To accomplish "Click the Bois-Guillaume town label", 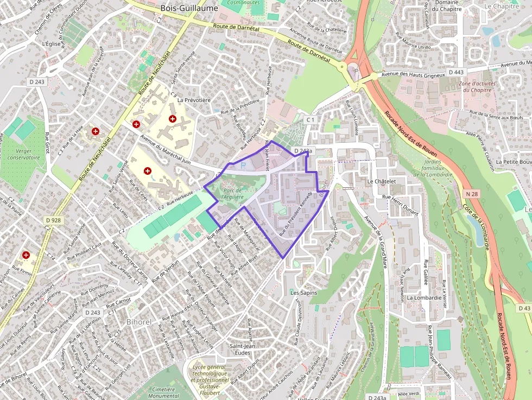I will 189,8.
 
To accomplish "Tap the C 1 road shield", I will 311,119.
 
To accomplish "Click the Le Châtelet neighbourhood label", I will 383,181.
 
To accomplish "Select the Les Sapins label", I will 303,293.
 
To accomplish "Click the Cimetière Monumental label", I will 166,392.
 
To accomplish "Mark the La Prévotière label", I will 194,100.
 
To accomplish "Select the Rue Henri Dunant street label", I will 402,204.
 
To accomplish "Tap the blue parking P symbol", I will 243,164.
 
